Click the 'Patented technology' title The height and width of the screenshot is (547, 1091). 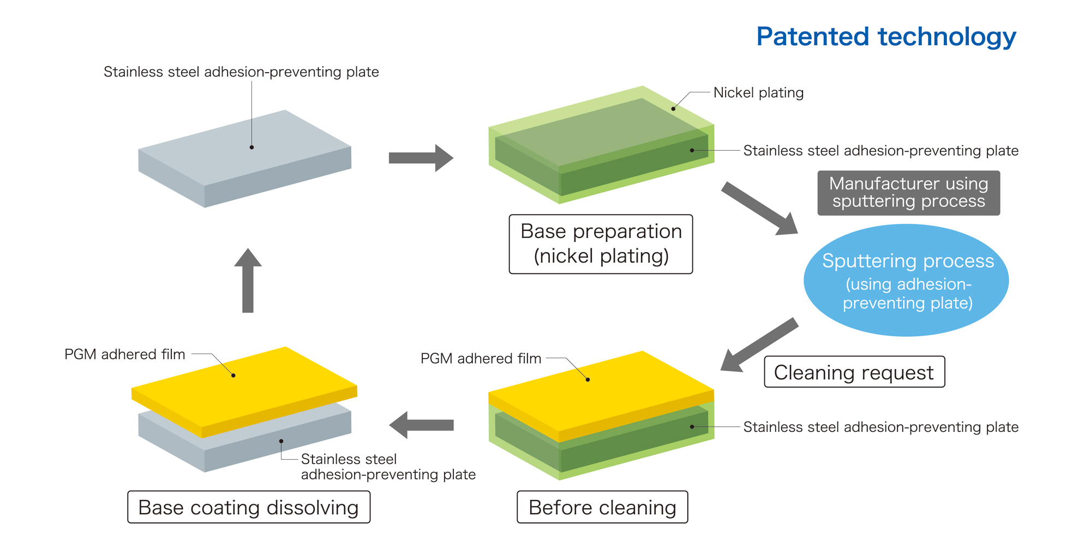[x=886, y=37]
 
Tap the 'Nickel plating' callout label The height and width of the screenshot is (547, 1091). [x=758, y=93]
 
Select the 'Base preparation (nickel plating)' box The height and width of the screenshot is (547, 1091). [x=601, y=243]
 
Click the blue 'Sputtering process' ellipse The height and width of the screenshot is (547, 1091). [x=906, y=280]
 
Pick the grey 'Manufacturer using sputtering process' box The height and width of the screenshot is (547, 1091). [x=908, y=193]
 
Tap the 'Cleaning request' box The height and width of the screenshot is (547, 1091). [x=854, y=372]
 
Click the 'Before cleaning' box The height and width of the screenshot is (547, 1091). [x=602, y=507]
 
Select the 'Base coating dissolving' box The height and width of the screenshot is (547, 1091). [x=249, y=507]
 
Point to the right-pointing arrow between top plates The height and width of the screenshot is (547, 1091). [x=421, y=158]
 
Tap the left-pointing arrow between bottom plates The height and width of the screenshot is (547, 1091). [x=421, y=425]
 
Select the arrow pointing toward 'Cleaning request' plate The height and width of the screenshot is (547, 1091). [x=758, y=346]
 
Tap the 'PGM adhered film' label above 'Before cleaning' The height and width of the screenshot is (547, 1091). [x=481, y=359]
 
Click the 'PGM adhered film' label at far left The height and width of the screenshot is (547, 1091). [x=125, y=354]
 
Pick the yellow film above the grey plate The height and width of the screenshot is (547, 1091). [x=244, y=389]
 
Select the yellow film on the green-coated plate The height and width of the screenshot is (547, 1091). [x=600, y=394]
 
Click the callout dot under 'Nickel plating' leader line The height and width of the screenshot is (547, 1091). [x=673, y=109]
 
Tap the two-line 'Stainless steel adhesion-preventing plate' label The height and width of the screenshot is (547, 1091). [x=388, y=467]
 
